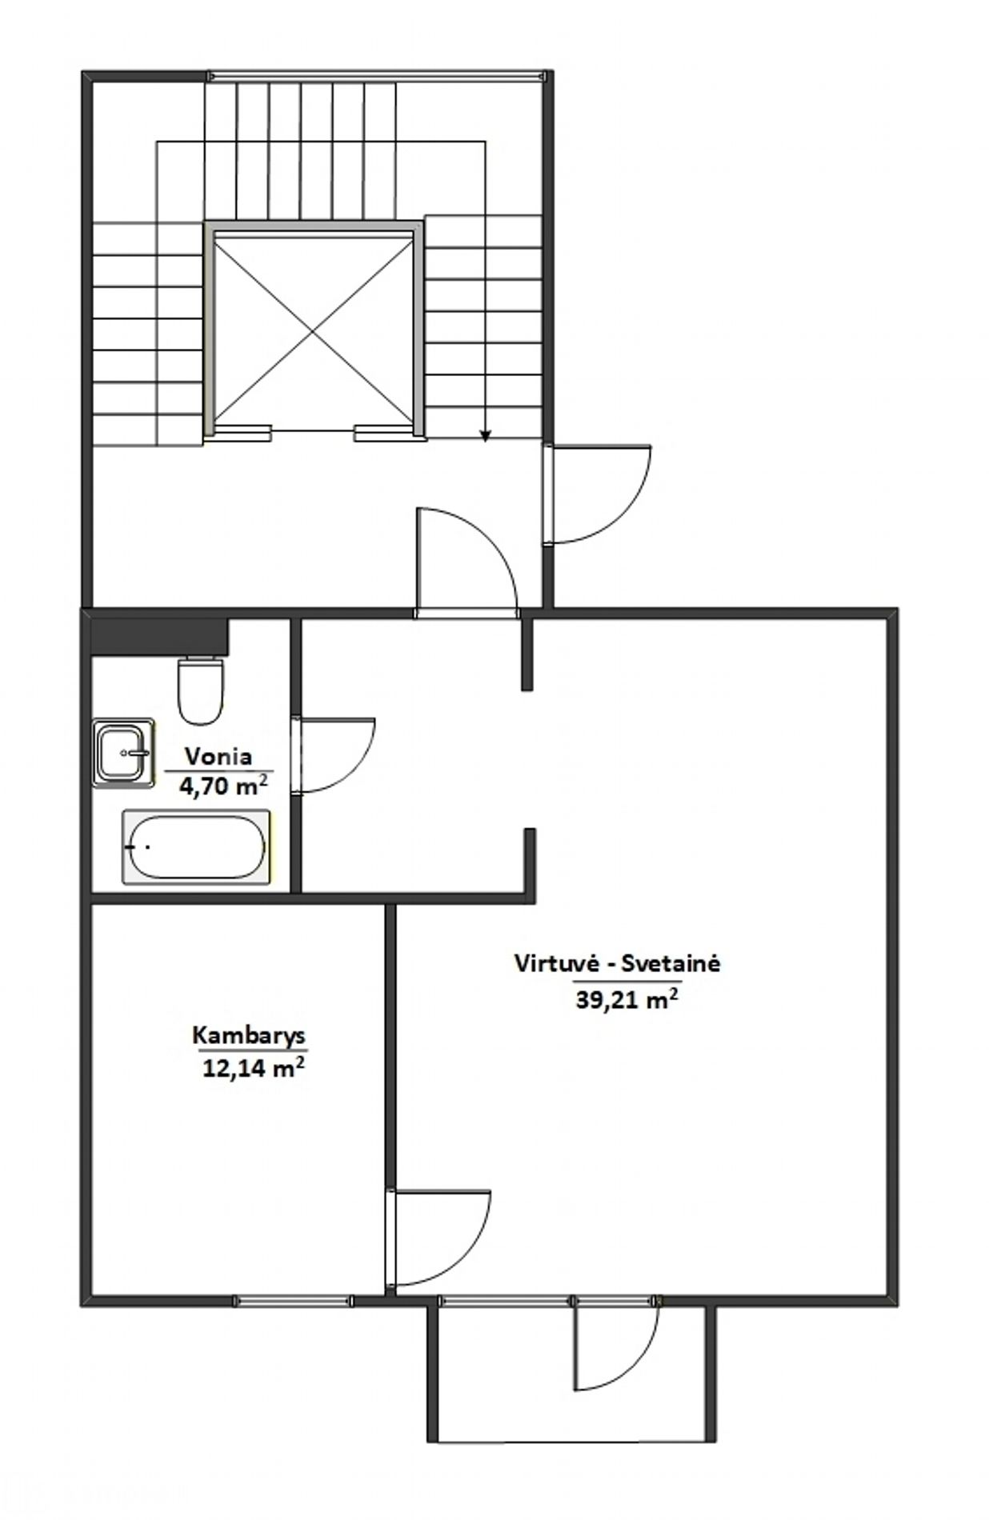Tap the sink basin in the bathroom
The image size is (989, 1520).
[122, 752]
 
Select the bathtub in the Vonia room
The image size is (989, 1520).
[195, 847]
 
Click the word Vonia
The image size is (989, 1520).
[218, 756]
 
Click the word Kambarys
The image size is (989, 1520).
[249, 1035]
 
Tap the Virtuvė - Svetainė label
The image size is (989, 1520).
[617, 963]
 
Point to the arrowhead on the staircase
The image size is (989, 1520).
[485, 435]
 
